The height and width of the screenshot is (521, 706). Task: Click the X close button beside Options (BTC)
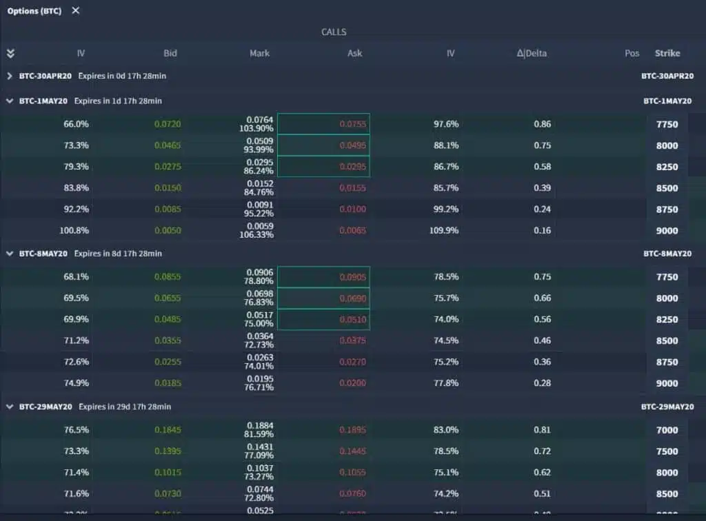click(x=76, y=10)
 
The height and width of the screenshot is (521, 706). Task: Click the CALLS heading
click(x=334, y=32)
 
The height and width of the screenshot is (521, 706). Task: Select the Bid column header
click(x=170, y=53)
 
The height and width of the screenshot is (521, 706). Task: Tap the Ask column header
click(x=354, y=53)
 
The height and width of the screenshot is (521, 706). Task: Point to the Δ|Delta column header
click(x=532, y=53)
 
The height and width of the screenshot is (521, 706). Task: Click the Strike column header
click(x=667, y=53)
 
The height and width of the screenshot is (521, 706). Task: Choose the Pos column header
click(x=632, y=53)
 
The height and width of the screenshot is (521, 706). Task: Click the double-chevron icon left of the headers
click(x=10, y=53)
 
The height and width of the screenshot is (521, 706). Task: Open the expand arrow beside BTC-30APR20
click(x=10, y=76)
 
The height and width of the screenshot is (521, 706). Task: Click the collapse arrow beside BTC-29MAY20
click(x=10, y=407)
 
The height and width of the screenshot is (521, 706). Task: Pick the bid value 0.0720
click(x=168, y=124)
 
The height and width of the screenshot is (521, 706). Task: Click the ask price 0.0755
click(x=353, y=124)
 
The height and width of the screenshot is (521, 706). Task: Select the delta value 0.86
click(x=542, y=124)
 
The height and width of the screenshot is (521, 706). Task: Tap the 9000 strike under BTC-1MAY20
click(x=667, y=231)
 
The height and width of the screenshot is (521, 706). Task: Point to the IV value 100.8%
click(x=75, y=231)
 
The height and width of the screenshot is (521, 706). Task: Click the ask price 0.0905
click(x=353, y=277)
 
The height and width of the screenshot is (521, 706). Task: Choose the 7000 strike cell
click(x=667, y=430)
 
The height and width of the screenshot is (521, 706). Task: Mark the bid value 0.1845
click(x=168, y=430)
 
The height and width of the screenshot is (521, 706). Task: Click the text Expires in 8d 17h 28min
click(x=118, y=254)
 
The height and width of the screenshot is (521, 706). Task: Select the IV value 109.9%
click(x=444, y=231)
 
